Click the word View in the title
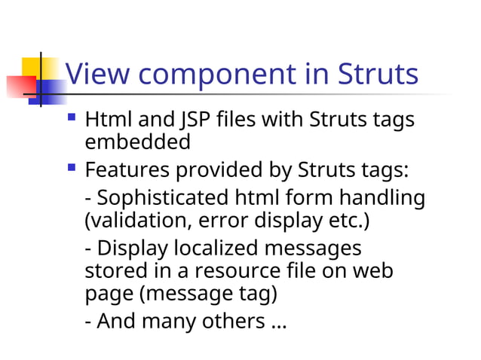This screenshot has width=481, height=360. pos(96,74)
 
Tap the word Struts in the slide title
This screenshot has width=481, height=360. pos(376,74)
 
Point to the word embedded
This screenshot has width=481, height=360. pos(138,142)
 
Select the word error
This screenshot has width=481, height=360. pos(214,222)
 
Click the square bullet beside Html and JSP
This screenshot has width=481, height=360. pos(72,118)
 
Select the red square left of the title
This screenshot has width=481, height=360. pos(18,86)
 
